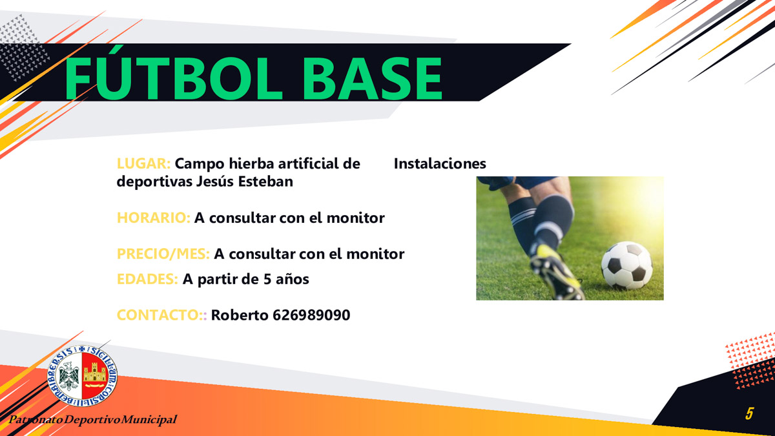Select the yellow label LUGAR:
click(143, 163)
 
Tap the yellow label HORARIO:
click(154, 218)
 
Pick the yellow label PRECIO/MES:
click(163, 254)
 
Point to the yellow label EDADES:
click(147, 279)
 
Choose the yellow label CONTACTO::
click(162, 315)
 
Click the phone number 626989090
click(311, 315)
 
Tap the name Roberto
click(240, 315)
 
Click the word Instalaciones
click(440, 163)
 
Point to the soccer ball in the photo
click(626, 265)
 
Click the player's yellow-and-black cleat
click(556, 273)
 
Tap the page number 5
click(749, 413)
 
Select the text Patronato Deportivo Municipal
click(93, 420)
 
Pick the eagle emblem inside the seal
click(69, 376)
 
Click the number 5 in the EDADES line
click(267, 280)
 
